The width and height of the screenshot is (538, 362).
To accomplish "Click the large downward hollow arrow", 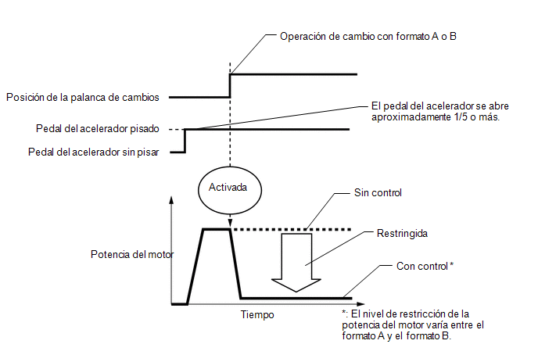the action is [x=296, y=263].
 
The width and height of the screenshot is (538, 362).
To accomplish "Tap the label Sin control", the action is [x=378, y=193].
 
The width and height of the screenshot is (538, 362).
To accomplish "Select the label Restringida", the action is [x=402, y=233].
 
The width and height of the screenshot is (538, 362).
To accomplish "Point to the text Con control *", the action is [x=425, y=266].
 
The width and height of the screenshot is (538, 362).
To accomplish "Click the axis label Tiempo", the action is [x=257, y=314].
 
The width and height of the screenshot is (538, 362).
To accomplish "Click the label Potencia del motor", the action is [x=132, y=254].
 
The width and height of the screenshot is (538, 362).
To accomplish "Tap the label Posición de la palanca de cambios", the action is [x=83, y=98].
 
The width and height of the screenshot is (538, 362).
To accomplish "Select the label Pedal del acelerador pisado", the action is [x=98, y=129].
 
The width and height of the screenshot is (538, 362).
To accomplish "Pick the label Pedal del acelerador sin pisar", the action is [x=94, y=152].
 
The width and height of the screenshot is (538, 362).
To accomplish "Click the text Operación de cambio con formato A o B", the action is [x=368, y=37].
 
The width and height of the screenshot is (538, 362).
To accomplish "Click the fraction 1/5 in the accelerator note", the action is [x=461, y=117].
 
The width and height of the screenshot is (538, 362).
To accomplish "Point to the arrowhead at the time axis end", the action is [x=360, y=304].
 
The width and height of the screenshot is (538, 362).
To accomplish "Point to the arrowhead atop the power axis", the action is [x=171, y=199].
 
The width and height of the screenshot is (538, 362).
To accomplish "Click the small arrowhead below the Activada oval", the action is [x=230, y=222].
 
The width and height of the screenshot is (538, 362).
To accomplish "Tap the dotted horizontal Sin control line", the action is [x=292, y=229].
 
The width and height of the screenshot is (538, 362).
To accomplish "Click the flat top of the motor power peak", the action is [x=216, y=229].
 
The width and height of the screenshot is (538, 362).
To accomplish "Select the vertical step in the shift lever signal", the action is [x=230, y=86].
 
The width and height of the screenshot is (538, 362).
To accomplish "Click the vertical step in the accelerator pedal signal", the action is [x=185, y=141].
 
